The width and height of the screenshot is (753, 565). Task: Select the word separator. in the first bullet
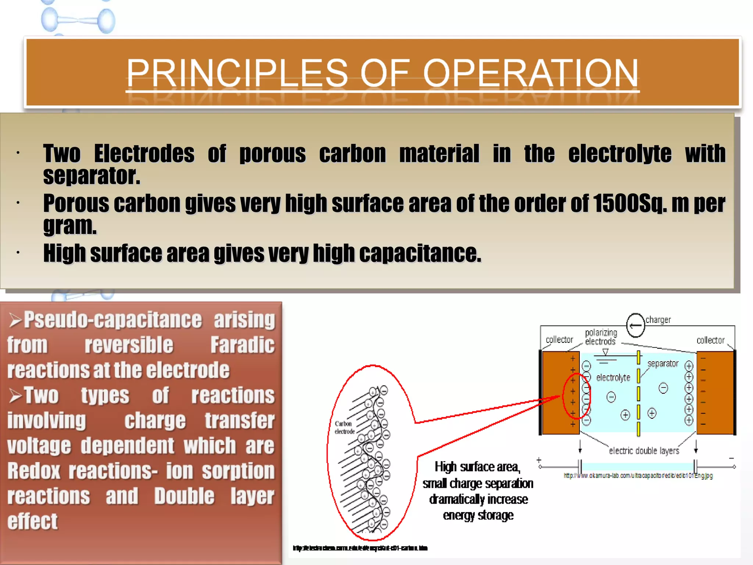pos(92,176)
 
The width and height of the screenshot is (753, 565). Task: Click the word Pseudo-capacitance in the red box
pos(113,320)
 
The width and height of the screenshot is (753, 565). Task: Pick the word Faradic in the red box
pos(242,345)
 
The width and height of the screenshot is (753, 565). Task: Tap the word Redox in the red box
pos(33,471)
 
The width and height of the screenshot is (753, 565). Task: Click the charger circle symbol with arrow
pos(635,325)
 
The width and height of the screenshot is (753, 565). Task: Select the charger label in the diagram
pos(658,320)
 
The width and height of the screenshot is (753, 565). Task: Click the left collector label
pos(559,340)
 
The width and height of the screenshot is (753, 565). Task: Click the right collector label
pos(710,340)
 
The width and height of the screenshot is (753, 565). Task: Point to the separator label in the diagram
pos(663,363)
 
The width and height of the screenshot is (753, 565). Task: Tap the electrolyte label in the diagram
pos(613,377)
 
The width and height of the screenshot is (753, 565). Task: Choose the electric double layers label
pos(644,451)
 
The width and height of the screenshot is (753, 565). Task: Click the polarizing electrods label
pos(601,337)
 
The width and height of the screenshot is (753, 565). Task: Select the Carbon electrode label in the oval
pos(344,427)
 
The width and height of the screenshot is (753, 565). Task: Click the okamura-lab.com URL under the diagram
pos(638,476)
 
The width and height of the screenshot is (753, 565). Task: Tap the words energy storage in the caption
pos(478,515)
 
